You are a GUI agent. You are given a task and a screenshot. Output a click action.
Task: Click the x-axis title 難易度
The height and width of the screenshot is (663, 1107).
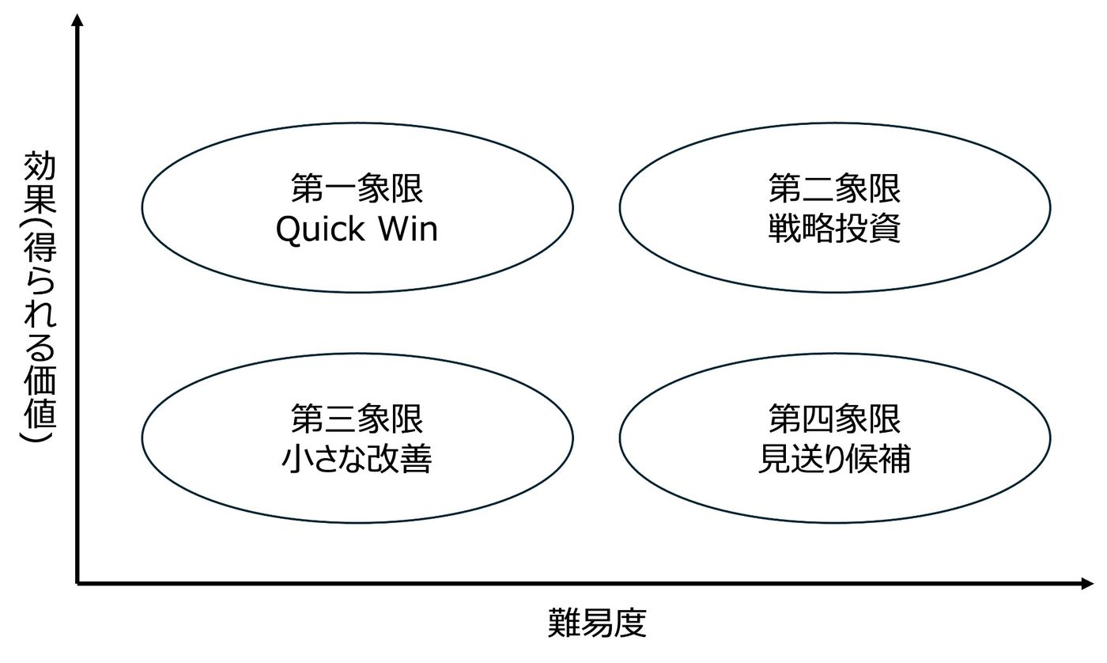click(597, 623)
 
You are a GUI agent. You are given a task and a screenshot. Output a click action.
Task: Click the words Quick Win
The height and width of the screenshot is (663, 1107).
click(357, 229)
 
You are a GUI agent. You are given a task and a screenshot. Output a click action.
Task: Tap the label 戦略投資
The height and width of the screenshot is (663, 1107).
click(834, 229)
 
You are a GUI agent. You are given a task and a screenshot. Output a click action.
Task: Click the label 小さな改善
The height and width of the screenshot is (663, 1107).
click(357, 459)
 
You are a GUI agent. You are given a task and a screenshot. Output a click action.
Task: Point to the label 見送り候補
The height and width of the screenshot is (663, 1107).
click(834, 459)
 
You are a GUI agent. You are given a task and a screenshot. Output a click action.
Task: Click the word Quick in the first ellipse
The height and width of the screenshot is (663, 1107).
click(321, 230)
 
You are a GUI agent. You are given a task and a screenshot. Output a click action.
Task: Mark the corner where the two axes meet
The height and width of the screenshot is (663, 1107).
click(77, 584)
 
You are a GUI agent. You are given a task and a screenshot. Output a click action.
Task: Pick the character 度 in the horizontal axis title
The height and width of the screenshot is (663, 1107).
click(630, 623)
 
